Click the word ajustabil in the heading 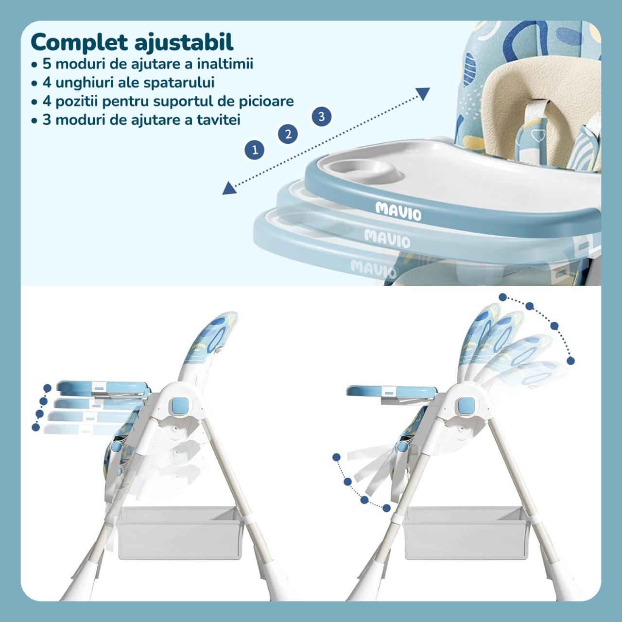(x=184, y=42)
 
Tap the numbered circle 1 (x=255, y=150)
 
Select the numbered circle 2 (x=288, y=134)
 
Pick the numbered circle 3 (x=322, y=117)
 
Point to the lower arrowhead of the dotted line (x=229, y=188)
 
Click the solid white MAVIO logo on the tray (x=398, y=211)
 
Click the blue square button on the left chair (x=180, y=404)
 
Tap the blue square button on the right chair (x=466, y=405)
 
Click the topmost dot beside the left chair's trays (x=48, y=388)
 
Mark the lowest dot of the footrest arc (x=386, y=508)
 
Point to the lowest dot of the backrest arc (x=570, y=361)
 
